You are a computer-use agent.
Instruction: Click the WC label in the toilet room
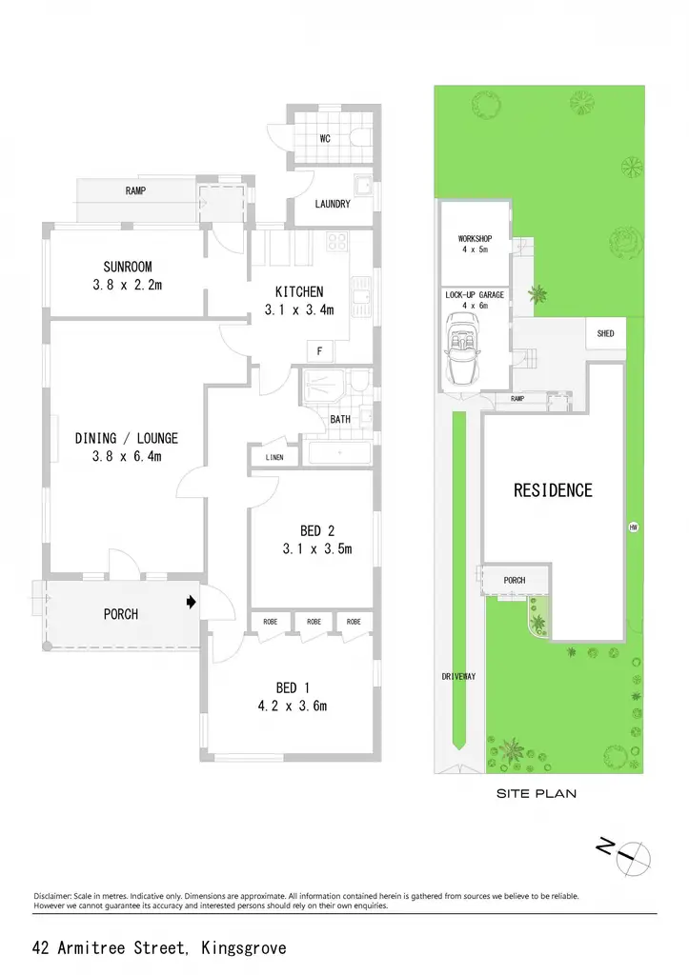pos(325,139)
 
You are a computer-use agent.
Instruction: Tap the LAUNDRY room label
pos(333,204)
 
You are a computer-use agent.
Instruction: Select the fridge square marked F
pos(320,351)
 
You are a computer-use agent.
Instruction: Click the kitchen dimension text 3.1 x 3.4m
pos(299,309)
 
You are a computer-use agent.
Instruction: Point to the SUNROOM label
pos(128,267)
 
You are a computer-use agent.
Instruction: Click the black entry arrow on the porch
pos(192,602)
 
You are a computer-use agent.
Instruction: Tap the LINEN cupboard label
pos(274,457)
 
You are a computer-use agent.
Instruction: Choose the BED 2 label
pos(317,530)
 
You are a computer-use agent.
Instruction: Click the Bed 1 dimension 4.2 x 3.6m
pos(293,706)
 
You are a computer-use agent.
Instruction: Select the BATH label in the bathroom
pos(340,420)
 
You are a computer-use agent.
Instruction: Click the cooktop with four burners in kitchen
pos(336,241)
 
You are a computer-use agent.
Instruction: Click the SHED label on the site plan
pos(605,333)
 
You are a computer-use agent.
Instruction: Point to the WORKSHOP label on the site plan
pos(475,239)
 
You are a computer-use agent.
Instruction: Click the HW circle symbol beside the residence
pos(634,527)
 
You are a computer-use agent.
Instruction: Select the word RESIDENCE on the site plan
pos(553,490)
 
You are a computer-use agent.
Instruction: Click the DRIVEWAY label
pos(458,677)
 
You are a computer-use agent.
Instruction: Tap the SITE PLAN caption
pos(537,793)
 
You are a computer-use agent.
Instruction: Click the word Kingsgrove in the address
pos(244,948)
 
